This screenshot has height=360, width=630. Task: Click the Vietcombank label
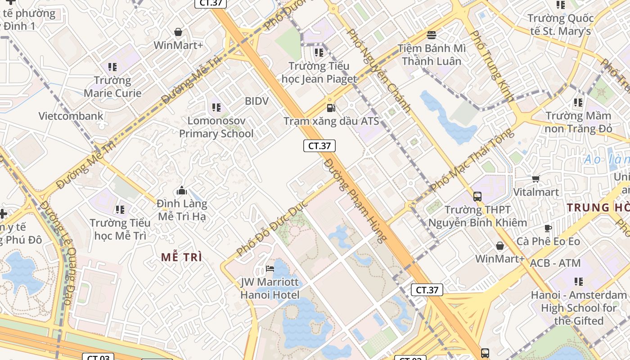click(x=71, y=116)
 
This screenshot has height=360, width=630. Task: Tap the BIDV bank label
click(x=256, y=101)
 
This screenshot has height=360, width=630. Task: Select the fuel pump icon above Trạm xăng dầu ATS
click(x=331, y=108)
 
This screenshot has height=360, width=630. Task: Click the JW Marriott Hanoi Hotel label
click(x=270, y=288)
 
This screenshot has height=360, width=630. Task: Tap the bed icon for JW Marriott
click(x=270, y=269)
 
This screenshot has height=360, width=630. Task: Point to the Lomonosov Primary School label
click(x=216, y=127)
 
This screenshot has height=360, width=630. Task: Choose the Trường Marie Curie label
click(x=112, y=87)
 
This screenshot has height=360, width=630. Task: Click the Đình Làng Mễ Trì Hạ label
click(x=182, y=210)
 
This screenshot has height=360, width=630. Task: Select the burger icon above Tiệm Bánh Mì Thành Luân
click(x=432, y=35)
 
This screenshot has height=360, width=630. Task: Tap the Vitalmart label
click(x=536, y=192)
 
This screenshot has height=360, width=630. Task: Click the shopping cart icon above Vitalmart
click(x=535, y=179)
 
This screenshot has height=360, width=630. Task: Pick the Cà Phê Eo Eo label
click(x=548, y=242)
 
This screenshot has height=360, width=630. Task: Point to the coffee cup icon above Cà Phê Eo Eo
click(x=548, y=228)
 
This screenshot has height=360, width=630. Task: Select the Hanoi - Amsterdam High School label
click(x=578, y=308)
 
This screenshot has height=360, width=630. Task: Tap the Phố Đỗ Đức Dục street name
click(x=272, y=228)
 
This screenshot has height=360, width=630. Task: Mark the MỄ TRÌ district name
click(x=181, y=257)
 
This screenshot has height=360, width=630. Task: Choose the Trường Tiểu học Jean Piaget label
click(x=319, y=72)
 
